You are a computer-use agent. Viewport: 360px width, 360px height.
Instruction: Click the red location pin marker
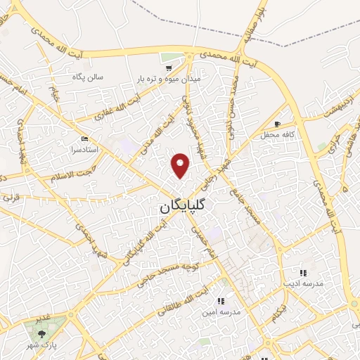(x=181, y=165)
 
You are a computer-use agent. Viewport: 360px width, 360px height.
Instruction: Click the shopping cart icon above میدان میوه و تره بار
(x=169, y=68)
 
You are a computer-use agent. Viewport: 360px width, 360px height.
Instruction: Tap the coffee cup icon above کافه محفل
(x=278, y=124)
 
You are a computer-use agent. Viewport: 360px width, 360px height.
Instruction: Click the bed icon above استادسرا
(x=84, y=139)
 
